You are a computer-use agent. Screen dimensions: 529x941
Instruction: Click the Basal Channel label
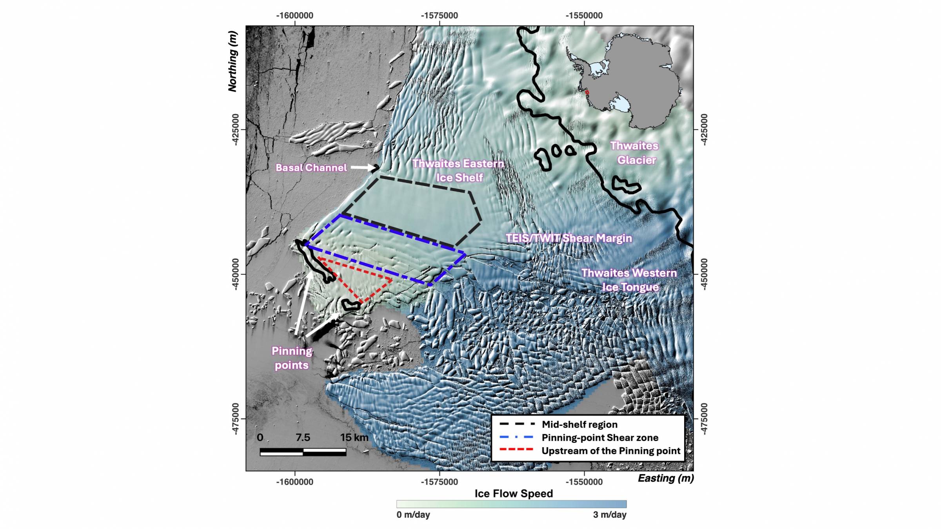(311, 168)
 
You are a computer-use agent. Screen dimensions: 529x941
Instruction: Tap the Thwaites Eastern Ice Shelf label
(458, 170)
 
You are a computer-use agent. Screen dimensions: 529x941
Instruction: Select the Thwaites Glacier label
(635, 153)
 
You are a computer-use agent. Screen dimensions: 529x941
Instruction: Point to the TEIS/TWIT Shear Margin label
(569, 238)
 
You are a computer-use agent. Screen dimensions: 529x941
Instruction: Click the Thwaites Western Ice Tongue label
(629, 280)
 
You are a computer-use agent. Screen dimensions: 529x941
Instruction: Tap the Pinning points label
(292, 358)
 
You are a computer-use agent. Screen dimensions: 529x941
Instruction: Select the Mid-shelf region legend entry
(579, 424)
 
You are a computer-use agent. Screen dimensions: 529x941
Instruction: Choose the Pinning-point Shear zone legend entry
(599, 438)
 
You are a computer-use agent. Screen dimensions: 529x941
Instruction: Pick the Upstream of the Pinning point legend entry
(610, 451)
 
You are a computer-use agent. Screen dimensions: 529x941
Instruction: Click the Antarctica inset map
(623, 80)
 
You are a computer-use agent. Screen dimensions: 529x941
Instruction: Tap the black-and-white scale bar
(303, 452)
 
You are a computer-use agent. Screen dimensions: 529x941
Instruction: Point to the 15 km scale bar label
(354, 437)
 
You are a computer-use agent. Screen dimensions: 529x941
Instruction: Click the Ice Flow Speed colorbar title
(514, 494)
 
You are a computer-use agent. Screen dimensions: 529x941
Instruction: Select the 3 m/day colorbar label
(609, 515)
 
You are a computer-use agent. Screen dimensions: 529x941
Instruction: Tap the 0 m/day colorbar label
(413, 515)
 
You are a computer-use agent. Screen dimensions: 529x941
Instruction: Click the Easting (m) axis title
(666, 478)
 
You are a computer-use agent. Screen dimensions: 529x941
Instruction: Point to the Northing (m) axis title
(233, 62)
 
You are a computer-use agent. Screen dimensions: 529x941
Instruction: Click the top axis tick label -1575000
(439, 16)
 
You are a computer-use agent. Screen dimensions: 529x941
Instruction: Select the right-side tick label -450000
(704, 274)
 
